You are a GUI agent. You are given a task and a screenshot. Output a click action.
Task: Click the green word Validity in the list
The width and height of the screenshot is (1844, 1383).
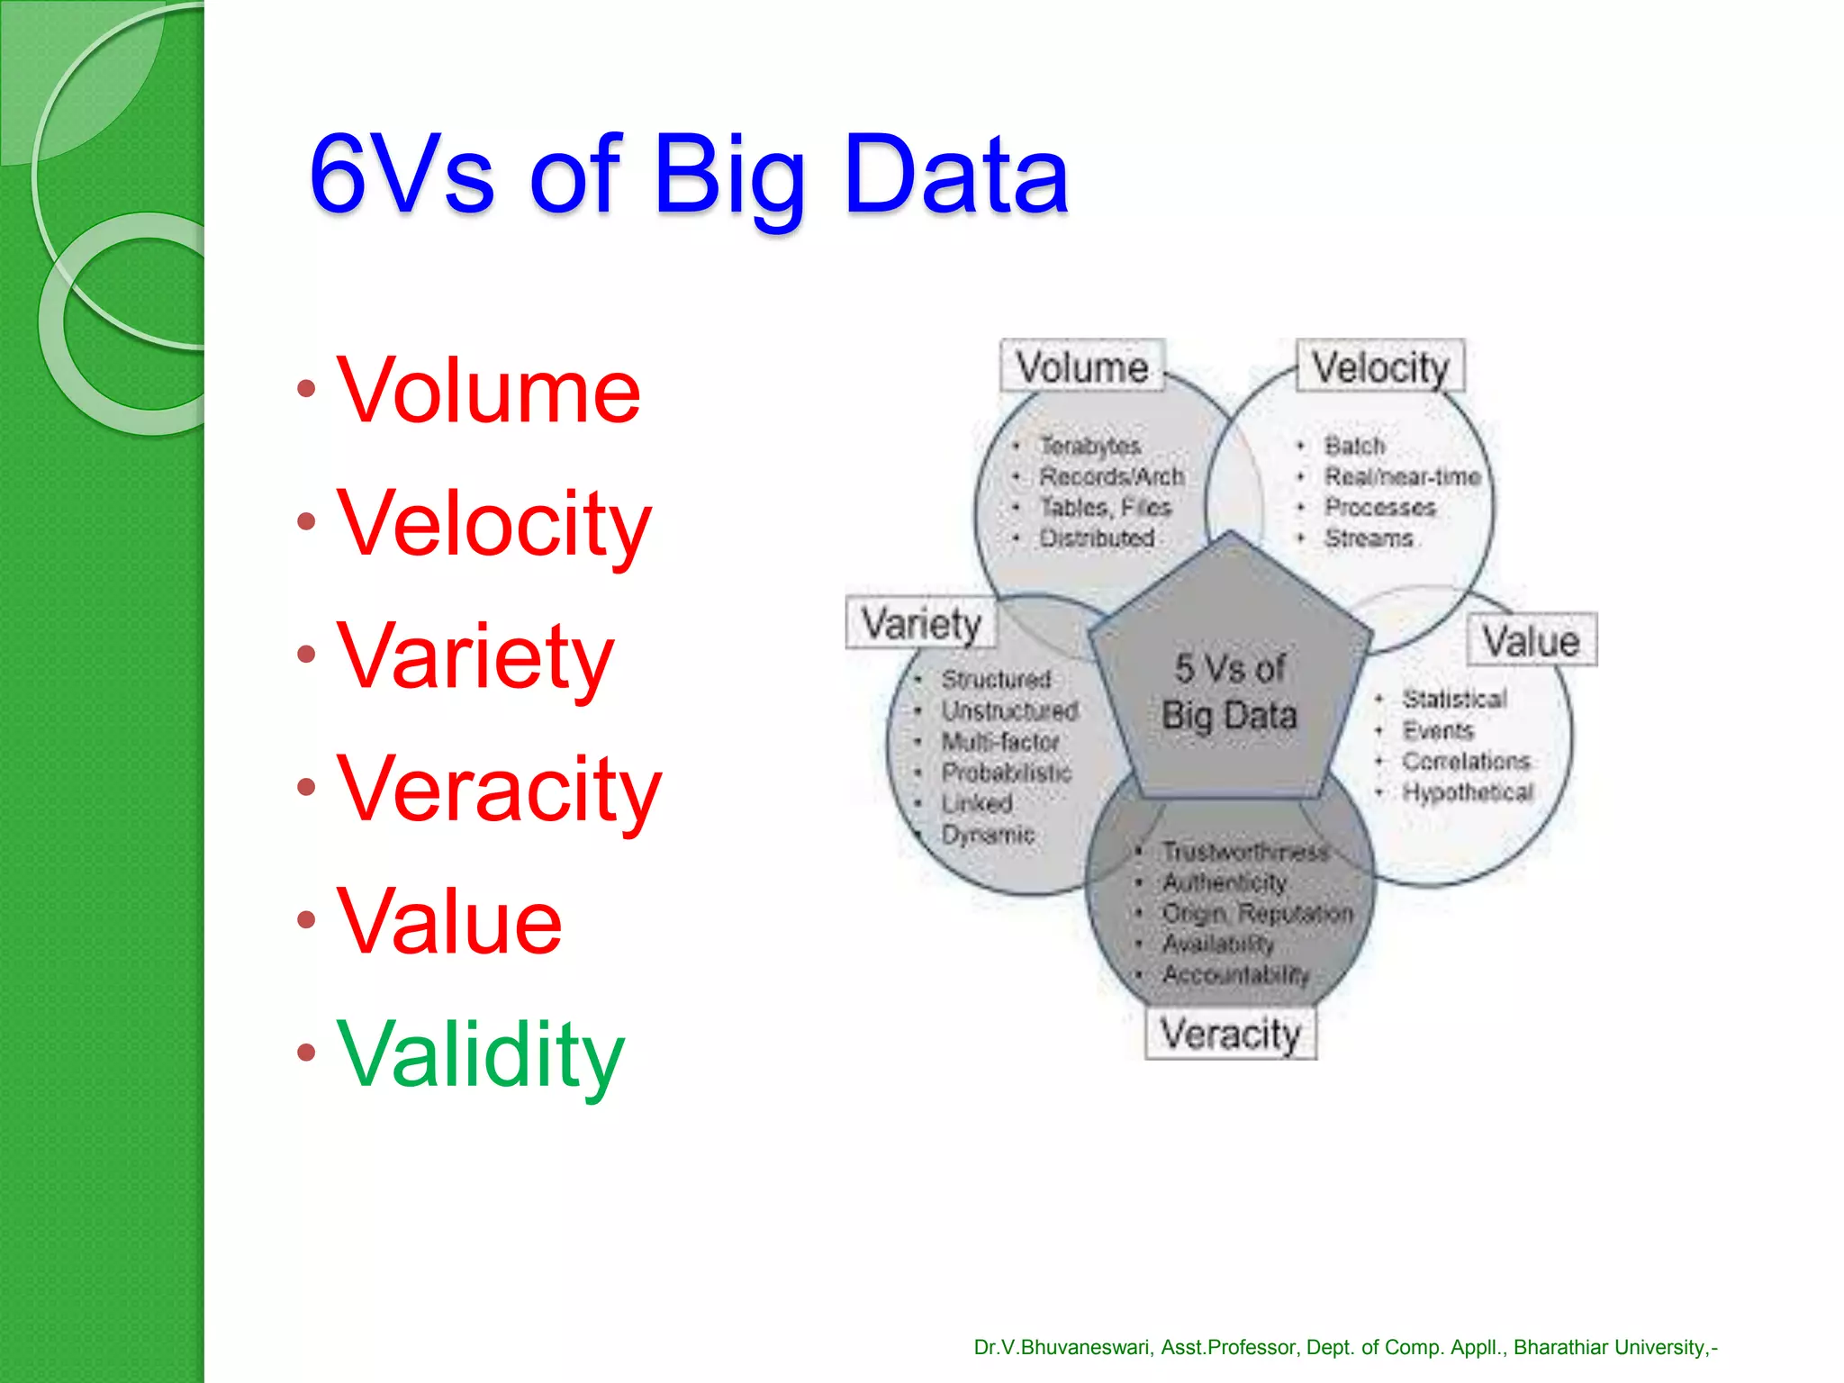pos(480,1053)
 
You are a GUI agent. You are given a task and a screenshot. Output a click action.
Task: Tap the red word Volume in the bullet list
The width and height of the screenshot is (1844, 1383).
pos(488,391)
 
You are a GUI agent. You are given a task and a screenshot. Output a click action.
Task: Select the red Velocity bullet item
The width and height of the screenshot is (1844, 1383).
pos(493,524)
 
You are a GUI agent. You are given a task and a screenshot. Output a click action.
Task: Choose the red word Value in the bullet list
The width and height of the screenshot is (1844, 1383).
pos(449,921)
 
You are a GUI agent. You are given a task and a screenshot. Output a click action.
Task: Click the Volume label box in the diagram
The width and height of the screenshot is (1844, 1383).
pos(1082,366)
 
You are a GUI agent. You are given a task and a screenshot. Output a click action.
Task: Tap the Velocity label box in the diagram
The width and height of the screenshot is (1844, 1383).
pos(1380,366)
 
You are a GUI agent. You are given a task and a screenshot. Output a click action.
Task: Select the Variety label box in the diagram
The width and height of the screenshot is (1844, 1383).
pos(921,623)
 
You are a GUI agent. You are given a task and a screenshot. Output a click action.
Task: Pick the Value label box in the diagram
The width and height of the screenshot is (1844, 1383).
pos(1532,641)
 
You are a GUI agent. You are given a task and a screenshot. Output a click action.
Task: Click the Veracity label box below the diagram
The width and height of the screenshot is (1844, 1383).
pos(1230,1033)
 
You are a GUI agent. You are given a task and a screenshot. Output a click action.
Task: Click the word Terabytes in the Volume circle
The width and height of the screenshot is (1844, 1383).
pos(1090,446)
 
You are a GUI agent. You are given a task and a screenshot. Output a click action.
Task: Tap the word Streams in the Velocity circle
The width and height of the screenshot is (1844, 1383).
pos(1369,538)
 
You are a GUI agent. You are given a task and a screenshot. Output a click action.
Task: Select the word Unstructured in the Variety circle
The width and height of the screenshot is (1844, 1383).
pos(1010,710)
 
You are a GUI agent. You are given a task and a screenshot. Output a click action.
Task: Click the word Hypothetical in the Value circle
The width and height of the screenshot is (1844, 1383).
pos(1468,792)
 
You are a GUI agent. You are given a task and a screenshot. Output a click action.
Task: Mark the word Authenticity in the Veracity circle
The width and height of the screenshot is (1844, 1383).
pos(1225,882)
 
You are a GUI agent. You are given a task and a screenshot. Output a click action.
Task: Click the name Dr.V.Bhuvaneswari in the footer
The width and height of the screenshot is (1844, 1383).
pos(1062,1347)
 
